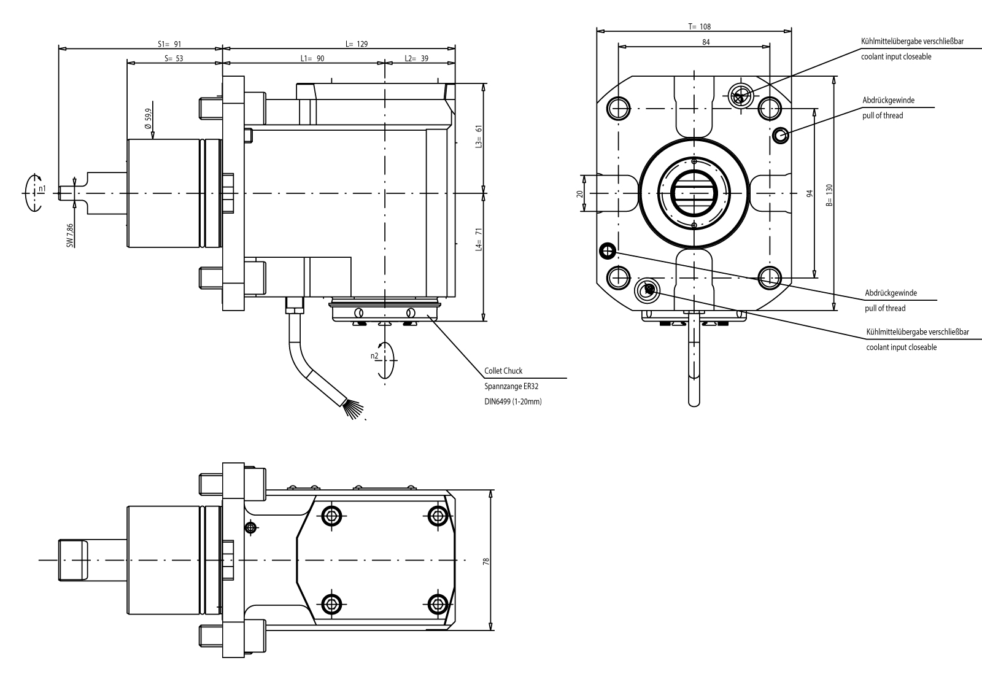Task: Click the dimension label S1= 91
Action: pos(170,44)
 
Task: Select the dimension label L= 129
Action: pos(356,44)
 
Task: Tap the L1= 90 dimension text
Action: pos(312,58)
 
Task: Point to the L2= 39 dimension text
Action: pos(416,58)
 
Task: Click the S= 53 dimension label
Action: pos(174,58)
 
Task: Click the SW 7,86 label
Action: pos(70,236)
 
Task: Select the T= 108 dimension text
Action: pos(699,27)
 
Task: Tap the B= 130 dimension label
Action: pos(829,195)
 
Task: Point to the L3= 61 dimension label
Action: pos(479,137)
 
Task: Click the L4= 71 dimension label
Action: pos(479,240)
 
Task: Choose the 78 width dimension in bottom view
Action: pos(485,560)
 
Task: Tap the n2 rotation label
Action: pos(374,356)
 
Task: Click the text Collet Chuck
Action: pos(503,371)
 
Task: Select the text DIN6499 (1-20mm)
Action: pos(513,402)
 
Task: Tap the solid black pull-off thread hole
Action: pos(607,250)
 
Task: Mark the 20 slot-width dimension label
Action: pos(579,193)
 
